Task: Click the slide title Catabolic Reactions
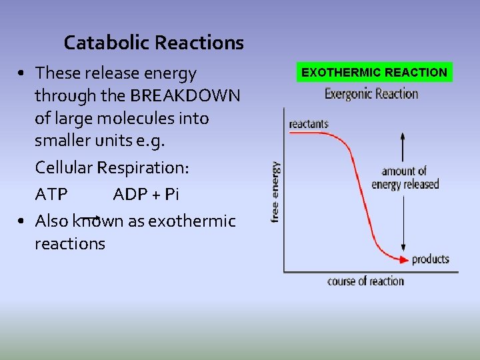(x=153, y=43)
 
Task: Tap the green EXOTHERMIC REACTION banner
(x=374, y=72)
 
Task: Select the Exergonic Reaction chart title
(x=371, y=93)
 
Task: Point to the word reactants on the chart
(x=309, y=124)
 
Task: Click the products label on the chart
(x=431, y=259)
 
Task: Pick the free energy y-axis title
(x=275, y=191)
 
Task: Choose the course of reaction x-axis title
(x=365, y=281)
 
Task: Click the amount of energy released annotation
(x=405, y=178)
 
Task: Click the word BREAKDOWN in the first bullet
(x=185, y=96)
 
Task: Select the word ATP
(x=51, y=195)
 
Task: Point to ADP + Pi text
(x=146, y=195)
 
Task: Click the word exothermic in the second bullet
(x=192, y=221)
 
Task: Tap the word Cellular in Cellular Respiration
(x=64, y=167)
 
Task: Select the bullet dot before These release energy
(x=22, y=73)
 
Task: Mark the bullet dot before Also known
(x=22, y=221)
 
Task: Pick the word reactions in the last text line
(x=70, y=244)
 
